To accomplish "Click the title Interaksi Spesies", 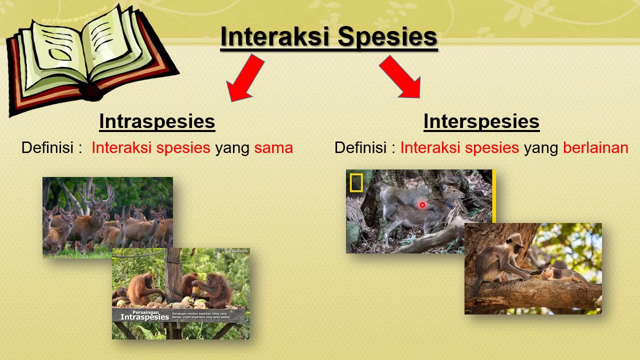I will [x=328, y=37].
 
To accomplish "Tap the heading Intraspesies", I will [x=157, y=121].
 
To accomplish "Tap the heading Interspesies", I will [x=481, y=121].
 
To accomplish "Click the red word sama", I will [x=273, y=147].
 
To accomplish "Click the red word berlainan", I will [x=595, y=147].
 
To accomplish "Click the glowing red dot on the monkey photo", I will [x=422, y=205].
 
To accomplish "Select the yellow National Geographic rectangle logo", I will [x=356, y=183].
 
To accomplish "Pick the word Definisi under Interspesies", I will [x=360, y=147].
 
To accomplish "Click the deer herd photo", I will [x=75, y=220].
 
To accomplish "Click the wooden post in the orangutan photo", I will [x=174, y=275].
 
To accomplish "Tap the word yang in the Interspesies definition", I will [x=540, y=147].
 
